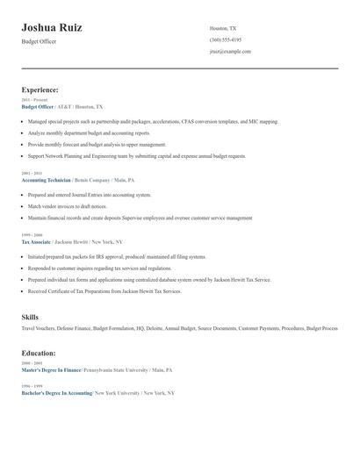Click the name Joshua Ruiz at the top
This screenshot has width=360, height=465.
(x=52, y=28)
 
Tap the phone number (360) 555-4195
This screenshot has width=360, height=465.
(x=226, y=39)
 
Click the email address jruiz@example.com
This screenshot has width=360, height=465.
(x=230, y=51)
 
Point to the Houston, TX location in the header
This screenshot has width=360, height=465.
(x=223, y=28)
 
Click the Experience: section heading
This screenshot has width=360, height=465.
(x=40, y=89)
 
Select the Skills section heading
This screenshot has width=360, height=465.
(x=30, y=316)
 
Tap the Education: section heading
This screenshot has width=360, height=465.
(x=39, y=353)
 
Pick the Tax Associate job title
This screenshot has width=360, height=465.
(x=36, y=241)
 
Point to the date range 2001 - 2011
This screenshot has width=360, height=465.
(x=31, y=173)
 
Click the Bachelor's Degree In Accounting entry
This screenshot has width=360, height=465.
(x=56, y=393)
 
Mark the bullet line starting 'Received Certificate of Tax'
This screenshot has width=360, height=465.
(x=104, y=291)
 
